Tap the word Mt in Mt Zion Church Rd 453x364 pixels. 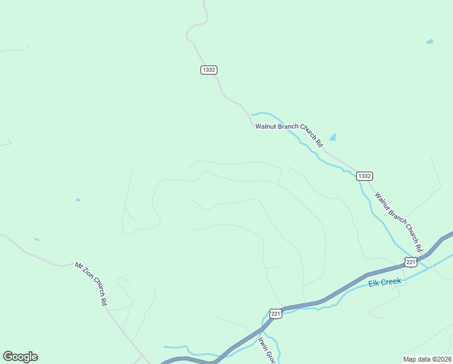pos(79,265)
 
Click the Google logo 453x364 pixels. pos(20,357)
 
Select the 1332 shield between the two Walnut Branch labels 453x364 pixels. pos(364,176)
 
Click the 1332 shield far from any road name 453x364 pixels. pos(208,70)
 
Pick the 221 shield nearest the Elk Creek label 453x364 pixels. pos(411,261)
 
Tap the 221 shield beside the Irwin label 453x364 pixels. pos(276,314)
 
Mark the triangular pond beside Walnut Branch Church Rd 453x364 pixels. pos(332,137)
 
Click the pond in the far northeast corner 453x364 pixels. pos(430,41)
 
